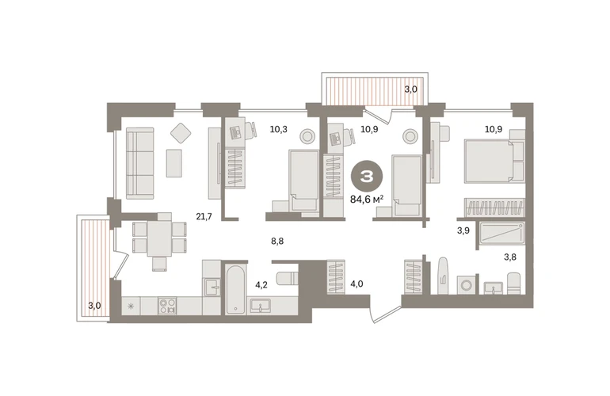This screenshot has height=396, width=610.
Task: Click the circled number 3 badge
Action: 367,177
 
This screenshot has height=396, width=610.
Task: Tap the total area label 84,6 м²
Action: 367,200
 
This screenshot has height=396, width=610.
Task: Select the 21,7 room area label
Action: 204,217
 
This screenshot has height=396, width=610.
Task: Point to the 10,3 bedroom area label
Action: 279,129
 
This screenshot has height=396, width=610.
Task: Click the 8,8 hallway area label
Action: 277,242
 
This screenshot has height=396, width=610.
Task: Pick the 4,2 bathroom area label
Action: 261,285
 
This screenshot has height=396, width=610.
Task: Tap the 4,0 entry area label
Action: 356,284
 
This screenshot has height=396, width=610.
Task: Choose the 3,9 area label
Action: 463,230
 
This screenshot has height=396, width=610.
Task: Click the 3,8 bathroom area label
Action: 510,257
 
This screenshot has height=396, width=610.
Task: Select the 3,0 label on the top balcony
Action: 410,89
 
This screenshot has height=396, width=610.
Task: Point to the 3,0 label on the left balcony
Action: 94,306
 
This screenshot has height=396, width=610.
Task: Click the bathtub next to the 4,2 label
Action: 235,289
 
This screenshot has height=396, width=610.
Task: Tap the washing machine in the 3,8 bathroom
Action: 466,285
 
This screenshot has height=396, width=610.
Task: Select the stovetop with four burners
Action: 167,306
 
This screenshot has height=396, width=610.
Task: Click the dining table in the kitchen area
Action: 159,238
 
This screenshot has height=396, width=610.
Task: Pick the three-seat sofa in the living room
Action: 139,163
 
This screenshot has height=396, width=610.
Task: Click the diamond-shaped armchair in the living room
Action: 181,133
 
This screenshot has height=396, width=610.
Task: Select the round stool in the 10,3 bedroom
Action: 307,136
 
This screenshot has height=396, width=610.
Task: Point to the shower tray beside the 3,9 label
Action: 501,233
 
